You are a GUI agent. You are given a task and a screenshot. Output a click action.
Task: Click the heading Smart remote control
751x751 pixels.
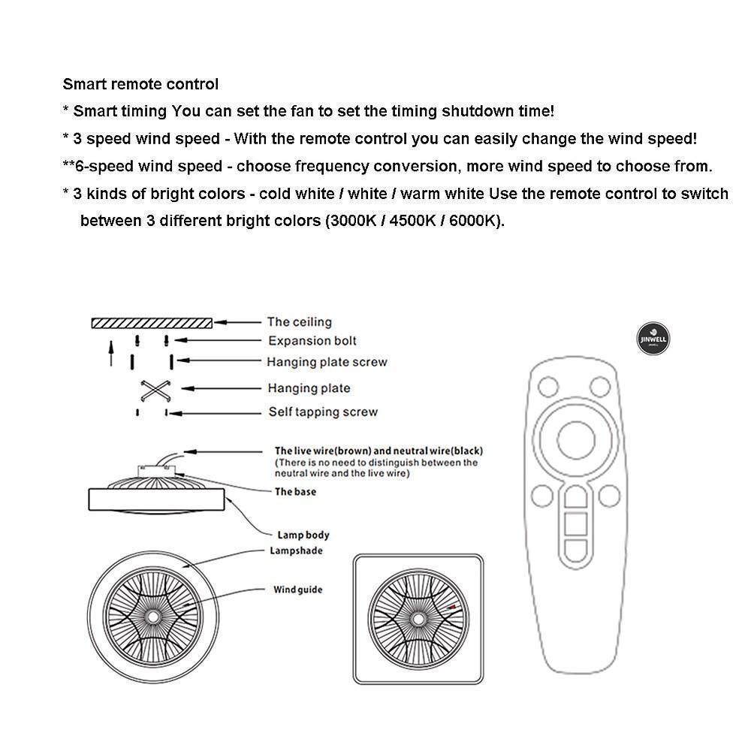[140, 84]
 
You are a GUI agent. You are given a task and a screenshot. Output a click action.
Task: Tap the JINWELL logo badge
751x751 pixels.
[652, 339]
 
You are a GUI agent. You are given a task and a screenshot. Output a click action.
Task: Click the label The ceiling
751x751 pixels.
[299, 322]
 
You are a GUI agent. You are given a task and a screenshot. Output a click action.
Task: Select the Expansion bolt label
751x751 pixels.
[312, 341]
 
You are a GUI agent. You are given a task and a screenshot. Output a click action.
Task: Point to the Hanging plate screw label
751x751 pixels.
[327, 362]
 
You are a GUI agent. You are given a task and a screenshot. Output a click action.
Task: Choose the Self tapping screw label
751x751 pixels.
[323, 412]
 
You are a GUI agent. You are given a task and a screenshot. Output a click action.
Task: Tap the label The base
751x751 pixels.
[295, 492]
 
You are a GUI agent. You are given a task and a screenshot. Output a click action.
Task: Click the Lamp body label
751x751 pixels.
[303, 535]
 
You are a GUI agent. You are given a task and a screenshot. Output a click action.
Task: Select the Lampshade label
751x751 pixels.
[296, 550]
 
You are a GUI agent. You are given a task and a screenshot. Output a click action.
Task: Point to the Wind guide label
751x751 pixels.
[297, 590]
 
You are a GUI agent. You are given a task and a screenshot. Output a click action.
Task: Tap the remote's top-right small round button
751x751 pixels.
[599, 388]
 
